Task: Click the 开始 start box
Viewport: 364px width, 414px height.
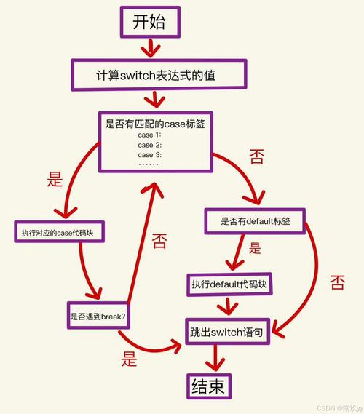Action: tap(149, 23)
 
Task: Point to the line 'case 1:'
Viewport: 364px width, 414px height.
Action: tap(149, 136)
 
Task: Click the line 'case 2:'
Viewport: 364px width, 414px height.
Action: tap(149, 146)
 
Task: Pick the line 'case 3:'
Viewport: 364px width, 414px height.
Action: tap(149, 155)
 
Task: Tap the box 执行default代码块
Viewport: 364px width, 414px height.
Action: tap(230, 284)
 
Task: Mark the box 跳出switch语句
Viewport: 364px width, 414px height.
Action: tap(226, 331)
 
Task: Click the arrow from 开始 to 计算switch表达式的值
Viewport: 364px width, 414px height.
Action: tap(150, 48)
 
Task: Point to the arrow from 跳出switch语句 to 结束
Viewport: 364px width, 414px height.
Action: tap(214, 357)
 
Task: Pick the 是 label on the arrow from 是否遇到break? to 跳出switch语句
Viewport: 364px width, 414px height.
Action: tap(130, 357)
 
